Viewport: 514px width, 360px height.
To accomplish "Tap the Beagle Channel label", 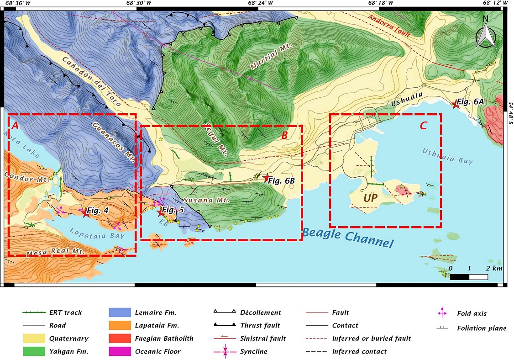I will [347, 237].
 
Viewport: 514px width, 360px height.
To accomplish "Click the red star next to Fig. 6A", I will [455, 105].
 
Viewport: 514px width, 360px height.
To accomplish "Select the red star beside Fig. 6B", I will [267, 179].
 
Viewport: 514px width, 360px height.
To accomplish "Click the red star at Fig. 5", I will [160, 212].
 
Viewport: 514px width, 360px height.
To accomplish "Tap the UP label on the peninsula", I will [371, 198].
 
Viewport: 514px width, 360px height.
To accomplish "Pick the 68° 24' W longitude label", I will [260, 3].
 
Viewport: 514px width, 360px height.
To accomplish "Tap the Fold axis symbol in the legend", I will [442, 313].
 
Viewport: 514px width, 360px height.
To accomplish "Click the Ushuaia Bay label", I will [447, 156].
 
